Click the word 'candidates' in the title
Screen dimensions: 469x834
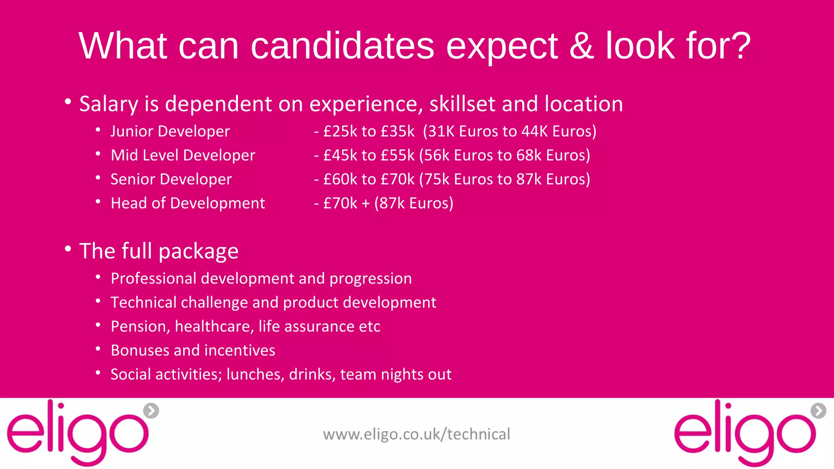[342, 46]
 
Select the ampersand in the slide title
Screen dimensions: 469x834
[582, 46]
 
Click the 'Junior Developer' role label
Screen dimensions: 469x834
[170, 131]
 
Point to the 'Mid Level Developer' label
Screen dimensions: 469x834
[183, 156]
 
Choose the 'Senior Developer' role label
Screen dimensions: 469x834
[171, 180]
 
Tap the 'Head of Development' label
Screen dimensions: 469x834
[188, 203]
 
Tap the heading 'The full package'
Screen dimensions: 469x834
[159, 251]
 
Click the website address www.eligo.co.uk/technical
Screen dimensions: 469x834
[416, 434]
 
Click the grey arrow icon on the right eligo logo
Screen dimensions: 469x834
[818, 411]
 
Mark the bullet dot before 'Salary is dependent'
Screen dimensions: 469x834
[68, 102]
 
